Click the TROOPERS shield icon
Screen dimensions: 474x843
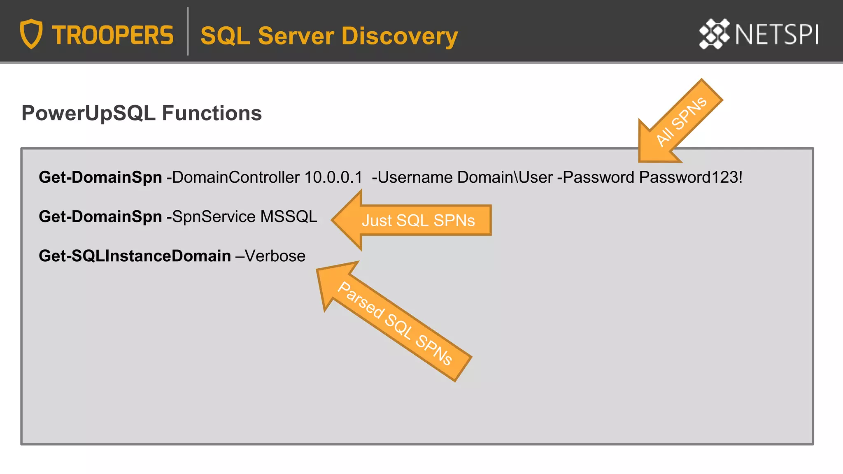[x=31, y=34]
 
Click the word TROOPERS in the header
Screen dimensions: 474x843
[x=112, y=35]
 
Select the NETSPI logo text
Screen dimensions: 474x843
[x=776, y=35]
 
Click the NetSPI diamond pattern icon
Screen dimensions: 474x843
[x=714, y=34]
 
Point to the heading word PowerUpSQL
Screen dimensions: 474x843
[x=88, y=113]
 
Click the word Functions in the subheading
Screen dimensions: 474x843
[x=212, y=113]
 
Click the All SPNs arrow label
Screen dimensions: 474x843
[x=681, y=121]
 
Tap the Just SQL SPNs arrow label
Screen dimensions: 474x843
[x=418, y=221]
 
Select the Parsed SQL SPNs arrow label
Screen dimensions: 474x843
[x=395, y=323]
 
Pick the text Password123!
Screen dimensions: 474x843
[x=690, y=177]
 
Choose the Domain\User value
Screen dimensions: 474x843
[x=505, y=177]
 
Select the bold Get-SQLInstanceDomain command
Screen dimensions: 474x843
[x=135, y=256]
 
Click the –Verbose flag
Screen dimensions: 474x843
[x=270, y=256]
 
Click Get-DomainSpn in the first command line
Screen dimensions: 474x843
[x=100, y=177]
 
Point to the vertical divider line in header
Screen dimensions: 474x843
[x=188, y=31]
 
